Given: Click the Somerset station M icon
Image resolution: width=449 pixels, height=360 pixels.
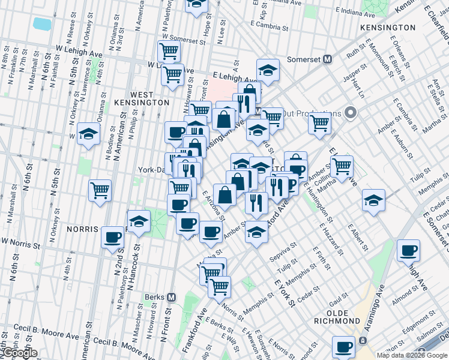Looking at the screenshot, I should point(328,59).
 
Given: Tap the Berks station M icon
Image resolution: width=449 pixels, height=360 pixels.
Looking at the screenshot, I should point(171,297).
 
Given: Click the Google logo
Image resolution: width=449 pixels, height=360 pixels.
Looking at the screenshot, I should point(20,353).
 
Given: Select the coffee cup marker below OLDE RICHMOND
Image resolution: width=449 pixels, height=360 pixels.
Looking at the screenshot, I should point(345,347).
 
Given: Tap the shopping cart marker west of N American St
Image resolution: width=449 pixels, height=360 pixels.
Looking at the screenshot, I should point(100,191).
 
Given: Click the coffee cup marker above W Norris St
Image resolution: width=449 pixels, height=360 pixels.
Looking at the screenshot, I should point(112,237).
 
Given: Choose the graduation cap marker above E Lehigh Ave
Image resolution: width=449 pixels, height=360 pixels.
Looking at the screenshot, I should point(268,70).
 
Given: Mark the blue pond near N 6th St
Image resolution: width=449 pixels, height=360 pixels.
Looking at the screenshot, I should point(42,23).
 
